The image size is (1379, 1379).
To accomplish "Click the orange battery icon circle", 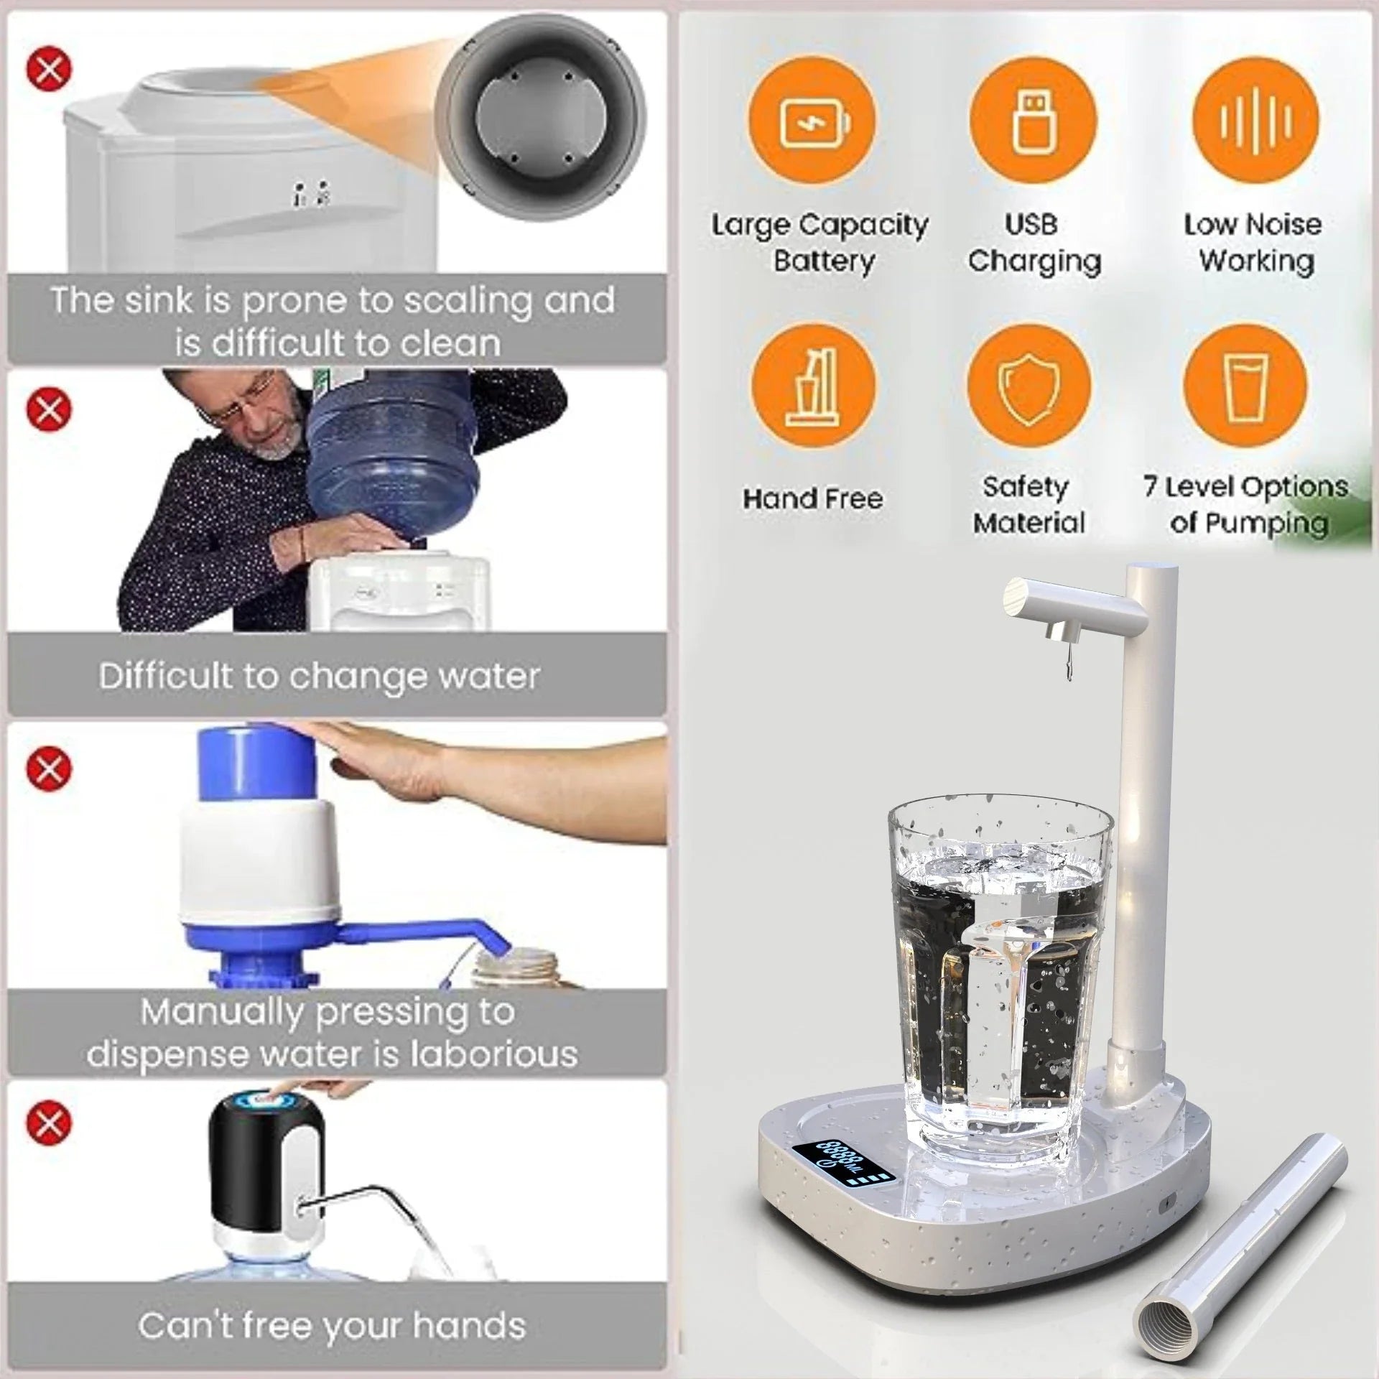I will [x=813, y=119].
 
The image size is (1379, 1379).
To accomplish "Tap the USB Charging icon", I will [x=1033, y=119].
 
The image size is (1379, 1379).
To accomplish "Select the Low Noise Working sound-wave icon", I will [x=1255, y=119].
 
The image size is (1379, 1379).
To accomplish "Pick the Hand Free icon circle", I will [x=813, y=388].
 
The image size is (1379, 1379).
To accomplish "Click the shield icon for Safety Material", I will [x=1029, y=388].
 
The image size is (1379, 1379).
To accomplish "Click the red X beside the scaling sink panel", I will [x=49, y=69].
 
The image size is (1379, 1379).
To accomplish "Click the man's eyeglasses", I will [x=248, y=404].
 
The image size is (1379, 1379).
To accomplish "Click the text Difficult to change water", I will [x=320, y=676].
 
